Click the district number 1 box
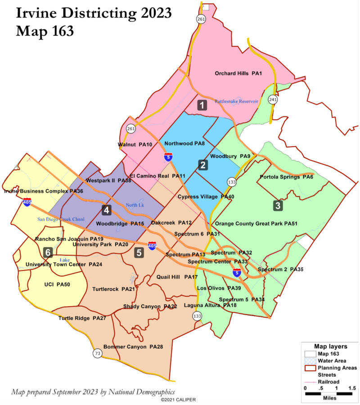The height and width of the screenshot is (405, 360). click(202, 105)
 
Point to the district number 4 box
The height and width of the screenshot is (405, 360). click(107, 209)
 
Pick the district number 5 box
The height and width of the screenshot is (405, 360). click(139, 253)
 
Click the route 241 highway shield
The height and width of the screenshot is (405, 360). click(272, 100)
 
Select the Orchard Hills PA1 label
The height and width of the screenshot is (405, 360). click(238, 73)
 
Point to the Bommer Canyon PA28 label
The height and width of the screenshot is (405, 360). click(133, 347)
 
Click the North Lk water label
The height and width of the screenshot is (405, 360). click(135, 205)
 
